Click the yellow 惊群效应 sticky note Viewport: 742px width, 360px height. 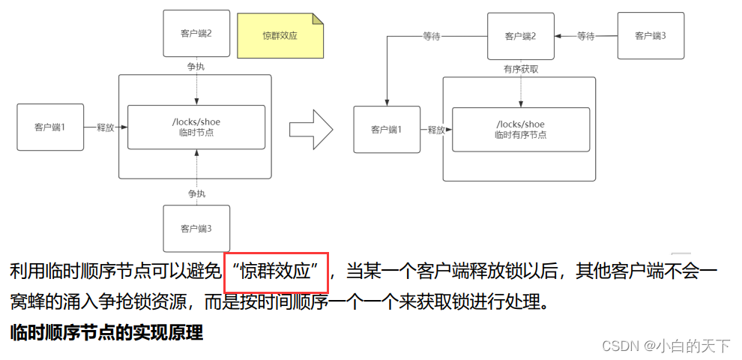pyautogui.click(x=280, y=35)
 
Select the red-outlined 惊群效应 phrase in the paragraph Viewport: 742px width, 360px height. pyautogui.click(x=277, y=271)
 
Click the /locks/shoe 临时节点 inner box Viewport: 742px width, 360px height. pyautogui.click(x=196, y=127)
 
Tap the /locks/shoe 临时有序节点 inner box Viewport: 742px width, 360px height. pyautogui.click(x=520, y=129)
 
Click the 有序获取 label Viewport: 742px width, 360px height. pyautogui.click(x=520, y=69)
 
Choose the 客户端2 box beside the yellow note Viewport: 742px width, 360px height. pyautogui.click(x=196, y=34)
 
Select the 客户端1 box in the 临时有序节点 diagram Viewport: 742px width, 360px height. pyautogui.click(x=387, y=130)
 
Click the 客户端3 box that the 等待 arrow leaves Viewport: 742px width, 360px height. pyautogui.click(x=651, y=36)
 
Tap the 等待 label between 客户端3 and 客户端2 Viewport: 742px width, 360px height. pyautogui.click(x=586, y=35)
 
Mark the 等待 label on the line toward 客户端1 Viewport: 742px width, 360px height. pyautogui.click(x=432, y=35)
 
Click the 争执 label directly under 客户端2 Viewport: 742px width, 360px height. pyautogui.click(x=196, y=67)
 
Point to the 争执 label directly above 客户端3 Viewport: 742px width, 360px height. pyautogui.click(x=196, y=193)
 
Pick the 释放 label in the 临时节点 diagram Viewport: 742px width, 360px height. pyautogui.click(x=105, y=127)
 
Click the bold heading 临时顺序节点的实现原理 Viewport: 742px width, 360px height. pyautogui.click(x=106, y=333)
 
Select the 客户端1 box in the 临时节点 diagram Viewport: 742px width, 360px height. pyautogui.click(x=50, y=127)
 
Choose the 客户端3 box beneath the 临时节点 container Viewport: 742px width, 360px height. pyautogui.click(x=196, y=228)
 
